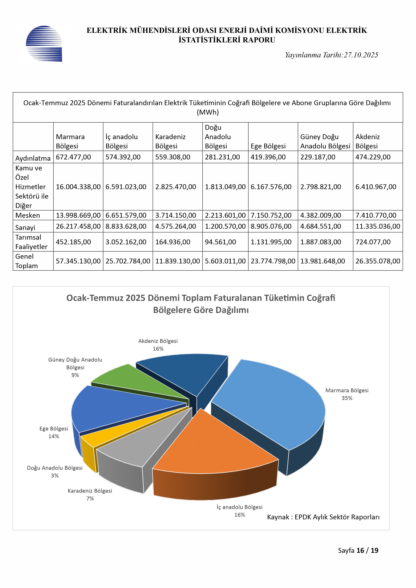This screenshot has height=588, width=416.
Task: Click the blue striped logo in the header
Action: tap(44, 44)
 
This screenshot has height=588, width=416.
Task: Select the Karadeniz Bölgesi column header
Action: tap(170, 141)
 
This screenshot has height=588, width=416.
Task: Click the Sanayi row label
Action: tap(25, 227)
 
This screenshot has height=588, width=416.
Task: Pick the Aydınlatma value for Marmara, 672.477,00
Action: tap(73, 157)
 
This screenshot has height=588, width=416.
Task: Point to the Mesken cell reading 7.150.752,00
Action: tap(271, 215)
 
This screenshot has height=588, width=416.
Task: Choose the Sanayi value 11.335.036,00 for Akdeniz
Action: tap(378, 226)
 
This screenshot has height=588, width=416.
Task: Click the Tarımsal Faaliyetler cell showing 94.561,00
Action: tap(220, 242)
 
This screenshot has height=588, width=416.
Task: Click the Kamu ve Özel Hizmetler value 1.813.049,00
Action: tap(225, 187)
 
